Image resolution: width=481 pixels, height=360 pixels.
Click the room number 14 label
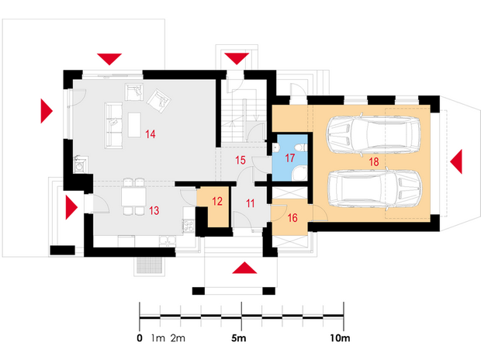151,134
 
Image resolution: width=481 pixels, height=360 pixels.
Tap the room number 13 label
154,210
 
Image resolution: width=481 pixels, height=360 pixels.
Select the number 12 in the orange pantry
217,201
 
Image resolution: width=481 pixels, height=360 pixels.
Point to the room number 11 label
251,203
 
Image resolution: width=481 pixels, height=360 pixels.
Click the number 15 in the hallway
240,160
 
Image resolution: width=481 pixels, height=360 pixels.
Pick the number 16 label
292,217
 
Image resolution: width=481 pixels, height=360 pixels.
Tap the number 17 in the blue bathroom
290,158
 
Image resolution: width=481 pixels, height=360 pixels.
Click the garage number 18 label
374,161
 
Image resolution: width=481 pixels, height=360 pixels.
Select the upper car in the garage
373,134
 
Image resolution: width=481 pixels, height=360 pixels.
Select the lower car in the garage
375,189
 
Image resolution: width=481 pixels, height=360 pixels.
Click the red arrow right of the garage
456,161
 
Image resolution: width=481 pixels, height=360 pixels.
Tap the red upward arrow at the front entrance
244,268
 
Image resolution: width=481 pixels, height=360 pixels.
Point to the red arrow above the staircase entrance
237,59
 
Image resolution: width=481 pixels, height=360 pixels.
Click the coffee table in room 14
134,125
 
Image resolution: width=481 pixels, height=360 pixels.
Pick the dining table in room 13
133,197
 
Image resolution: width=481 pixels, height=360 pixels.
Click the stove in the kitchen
188,226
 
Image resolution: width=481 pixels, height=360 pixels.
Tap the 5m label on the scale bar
239,338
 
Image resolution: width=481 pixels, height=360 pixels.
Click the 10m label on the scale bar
341,338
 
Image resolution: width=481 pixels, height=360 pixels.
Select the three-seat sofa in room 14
113,126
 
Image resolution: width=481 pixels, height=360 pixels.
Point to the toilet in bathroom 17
300,148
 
